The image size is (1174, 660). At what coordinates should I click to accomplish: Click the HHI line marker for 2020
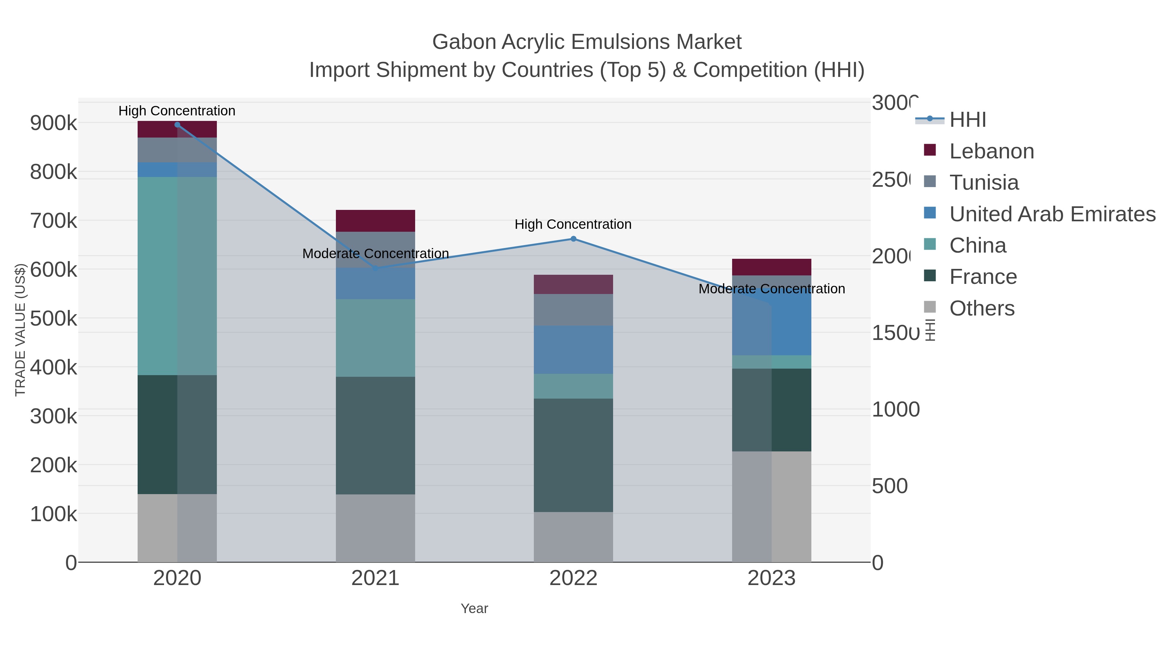click(177, 125)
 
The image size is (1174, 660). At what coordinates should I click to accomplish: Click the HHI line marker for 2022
click(573, 239)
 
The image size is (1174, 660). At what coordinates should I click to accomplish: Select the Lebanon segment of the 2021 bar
click(375, 221)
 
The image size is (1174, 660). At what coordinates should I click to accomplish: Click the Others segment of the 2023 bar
click(771, 506)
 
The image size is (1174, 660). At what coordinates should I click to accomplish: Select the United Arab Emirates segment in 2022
click(573, 349)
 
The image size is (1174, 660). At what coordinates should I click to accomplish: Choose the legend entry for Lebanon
click(991, 151)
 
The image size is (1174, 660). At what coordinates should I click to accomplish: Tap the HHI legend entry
click(967, 120)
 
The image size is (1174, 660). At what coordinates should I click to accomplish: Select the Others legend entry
click(982, 308)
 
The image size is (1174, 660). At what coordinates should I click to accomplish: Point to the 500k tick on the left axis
click(53, 318)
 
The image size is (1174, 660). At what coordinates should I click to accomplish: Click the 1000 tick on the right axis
click(895, 409)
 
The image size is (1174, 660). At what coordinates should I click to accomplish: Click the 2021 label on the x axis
click(375, 579)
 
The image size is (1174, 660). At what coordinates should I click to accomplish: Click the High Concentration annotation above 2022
click(573, 225)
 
